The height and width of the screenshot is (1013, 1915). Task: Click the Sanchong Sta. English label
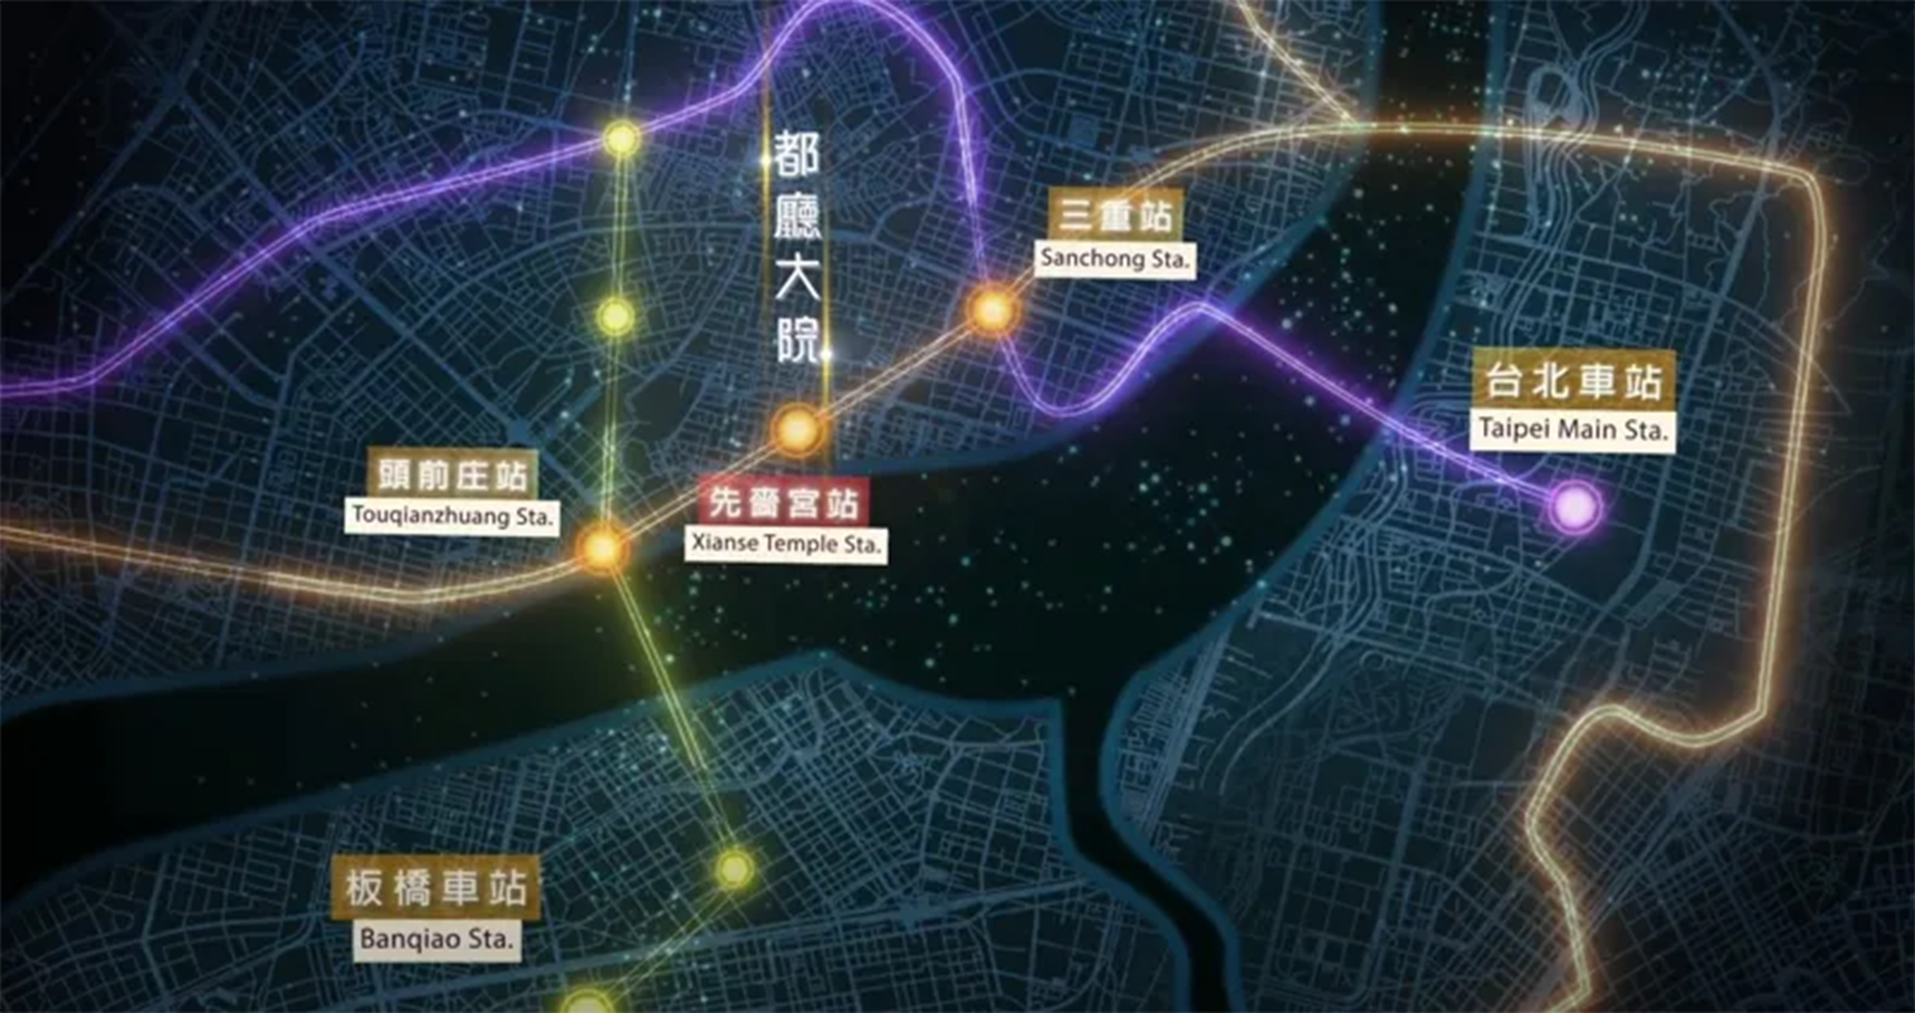tap(1115, 259)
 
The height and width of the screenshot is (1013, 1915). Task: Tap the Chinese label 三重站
tap(1115, 216)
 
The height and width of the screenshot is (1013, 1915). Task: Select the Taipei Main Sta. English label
tap(1573, 429)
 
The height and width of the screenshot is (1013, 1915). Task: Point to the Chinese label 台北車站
tap(1573, 382)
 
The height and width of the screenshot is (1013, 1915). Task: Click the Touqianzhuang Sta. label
tap(452, 516)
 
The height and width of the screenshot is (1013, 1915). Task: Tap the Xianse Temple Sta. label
tap(786, 544)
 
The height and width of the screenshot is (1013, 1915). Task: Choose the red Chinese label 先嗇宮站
tap(784, 503)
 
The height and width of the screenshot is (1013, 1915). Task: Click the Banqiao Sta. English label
tap(436, 938)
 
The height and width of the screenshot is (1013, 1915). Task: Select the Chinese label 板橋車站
tap(436, 888)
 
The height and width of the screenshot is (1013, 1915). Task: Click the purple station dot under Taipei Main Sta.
tap(1575, 507)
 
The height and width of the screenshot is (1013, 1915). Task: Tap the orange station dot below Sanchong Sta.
tap(993, 310)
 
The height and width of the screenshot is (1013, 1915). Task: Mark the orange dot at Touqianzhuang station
tap(602, 548)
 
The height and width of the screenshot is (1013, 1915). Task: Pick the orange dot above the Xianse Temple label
tap(797, 429)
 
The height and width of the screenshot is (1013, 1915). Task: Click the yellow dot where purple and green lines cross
tap(622, 139)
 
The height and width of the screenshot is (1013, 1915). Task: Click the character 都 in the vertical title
tap(796, 155)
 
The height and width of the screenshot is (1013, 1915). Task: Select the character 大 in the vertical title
tap(797, 279)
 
